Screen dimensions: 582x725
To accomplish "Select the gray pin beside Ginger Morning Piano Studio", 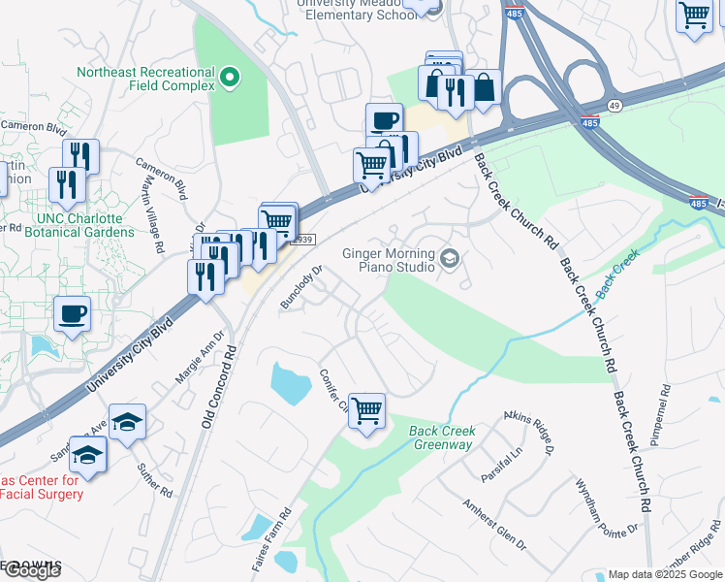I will (449, 258).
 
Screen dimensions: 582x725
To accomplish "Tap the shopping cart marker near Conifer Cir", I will (367, 412).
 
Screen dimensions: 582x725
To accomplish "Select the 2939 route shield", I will (302, 240).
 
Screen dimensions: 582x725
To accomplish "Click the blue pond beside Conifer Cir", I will (292, 382).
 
